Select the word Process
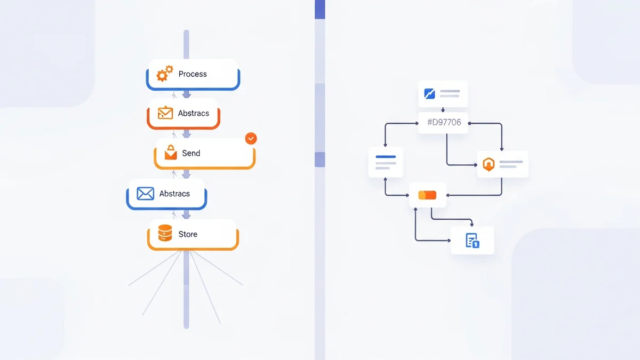point(193,74)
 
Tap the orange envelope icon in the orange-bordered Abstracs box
point(165,113)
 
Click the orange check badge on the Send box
point(251,139)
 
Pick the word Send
point(191,153)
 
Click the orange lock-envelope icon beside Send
point(171,153)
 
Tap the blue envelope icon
point(145,194)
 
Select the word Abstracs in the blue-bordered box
point(174,194)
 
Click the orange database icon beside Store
point(165,233)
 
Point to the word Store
point(188,234)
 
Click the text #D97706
point(444,123)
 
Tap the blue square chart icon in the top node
point(430,94)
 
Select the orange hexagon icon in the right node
point(489,164)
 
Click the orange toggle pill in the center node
point(427,195)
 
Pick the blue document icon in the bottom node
point(472,241)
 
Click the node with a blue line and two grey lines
point(386,162)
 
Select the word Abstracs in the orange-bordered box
point(193,113)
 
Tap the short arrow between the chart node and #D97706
point(443,109)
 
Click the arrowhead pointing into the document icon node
point(471,225)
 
